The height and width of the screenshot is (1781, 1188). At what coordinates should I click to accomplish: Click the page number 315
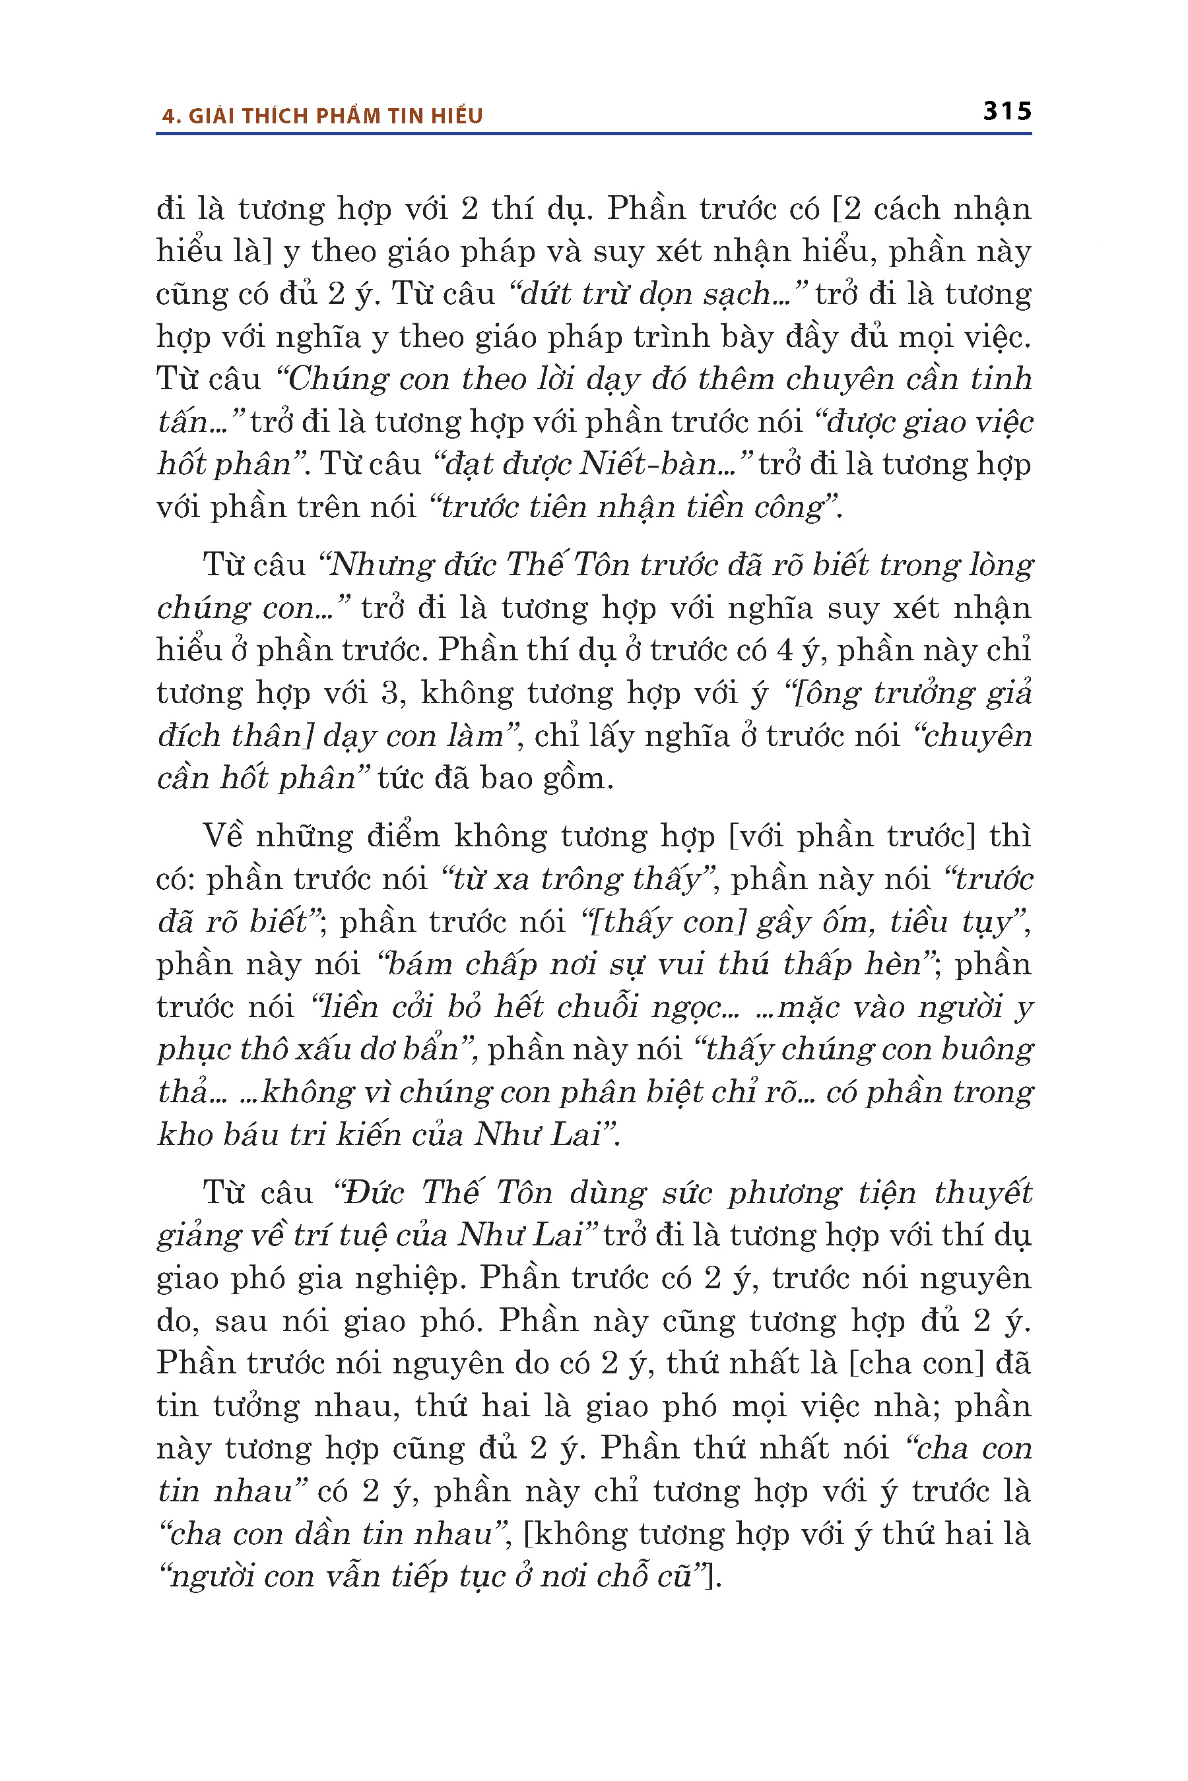pos(1007,111)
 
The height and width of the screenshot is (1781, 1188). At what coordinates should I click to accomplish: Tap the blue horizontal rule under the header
pos(593,134)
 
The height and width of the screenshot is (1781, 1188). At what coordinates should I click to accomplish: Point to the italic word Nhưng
pos(370,565)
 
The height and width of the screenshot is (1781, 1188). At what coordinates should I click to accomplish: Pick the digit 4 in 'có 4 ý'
pos(785,650)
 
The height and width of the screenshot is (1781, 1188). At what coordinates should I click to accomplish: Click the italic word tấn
pos(183,422)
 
